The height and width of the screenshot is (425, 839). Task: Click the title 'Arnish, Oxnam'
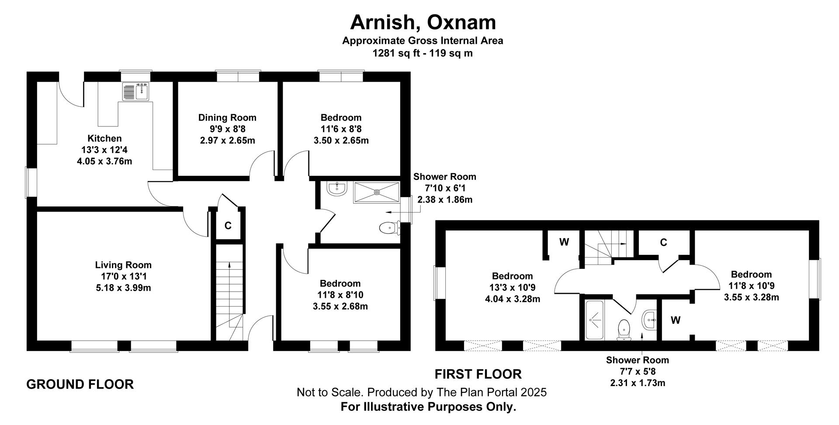[423, 22]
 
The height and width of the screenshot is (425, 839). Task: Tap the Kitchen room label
[104, 139]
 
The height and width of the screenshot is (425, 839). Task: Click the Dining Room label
[227, 118]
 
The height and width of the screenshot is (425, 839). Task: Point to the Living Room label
[123, 265]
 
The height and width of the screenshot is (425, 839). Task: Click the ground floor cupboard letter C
[228, 226]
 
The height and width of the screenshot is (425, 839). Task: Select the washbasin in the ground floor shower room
[336, 188]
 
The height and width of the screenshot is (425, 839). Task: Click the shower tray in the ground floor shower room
[377, 192]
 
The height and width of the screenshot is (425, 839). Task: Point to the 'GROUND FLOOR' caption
[80, 384]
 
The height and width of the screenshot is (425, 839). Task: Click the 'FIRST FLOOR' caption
[478, 374]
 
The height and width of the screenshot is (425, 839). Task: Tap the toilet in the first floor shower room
[623, 330]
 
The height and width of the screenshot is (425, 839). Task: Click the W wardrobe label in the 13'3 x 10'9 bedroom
[564, 242]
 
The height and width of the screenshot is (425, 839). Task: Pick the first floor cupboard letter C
[663, 243]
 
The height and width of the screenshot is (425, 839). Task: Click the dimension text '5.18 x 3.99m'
[123, 288]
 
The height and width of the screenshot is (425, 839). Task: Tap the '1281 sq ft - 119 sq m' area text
[423, 53]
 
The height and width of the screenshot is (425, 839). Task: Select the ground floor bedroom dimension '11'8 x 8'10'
[340, 295]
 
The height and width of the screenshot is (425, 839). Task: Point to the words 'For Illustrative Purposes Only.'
[428, 407]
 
